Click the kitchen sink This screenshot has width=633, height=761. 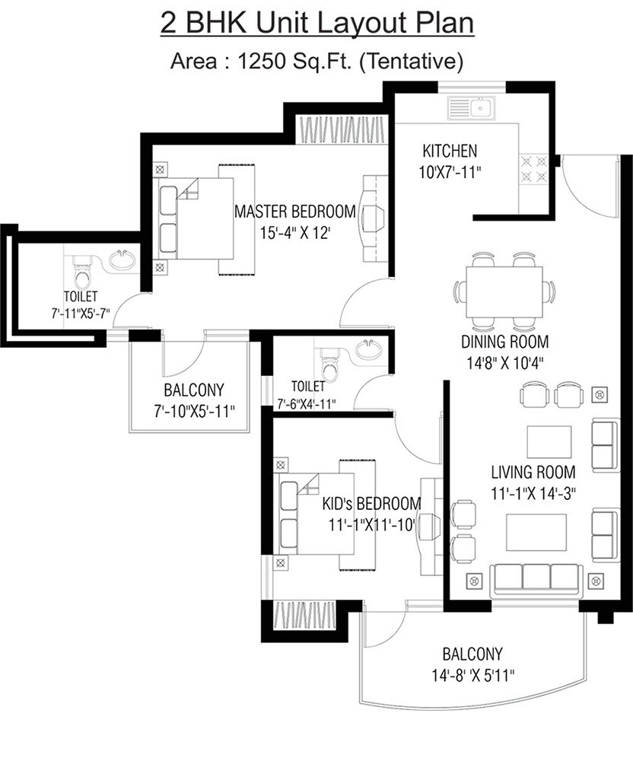click(x=471, y=108)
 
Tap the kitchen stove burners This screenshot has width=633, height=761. click(x=535, y=169)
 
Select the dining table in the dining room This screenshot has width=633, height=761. click(x=505, y=293)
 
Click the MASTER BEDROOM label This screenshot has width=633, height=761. click(x=294, y=211)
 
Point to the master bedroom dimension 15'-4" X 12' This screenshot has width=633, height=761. click(x=295, y=231)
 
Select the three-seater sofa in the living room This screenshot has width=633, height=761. click(x=537, y=578)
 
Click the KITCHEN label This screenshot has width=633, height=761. click(x=450, y=151)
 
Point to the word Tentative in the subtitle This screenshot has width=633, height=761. click(x=414, y=61)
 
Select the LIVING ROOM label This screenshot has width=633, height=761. click(x=533, y=472)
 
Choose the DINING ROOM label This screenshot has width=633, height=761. click(x=504, y=342)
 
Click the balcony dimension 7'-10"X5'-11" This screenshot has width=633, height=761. click(x=194, y=410)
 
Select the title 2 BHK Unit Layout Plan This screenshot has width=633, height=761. click(x=316, y=23)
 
